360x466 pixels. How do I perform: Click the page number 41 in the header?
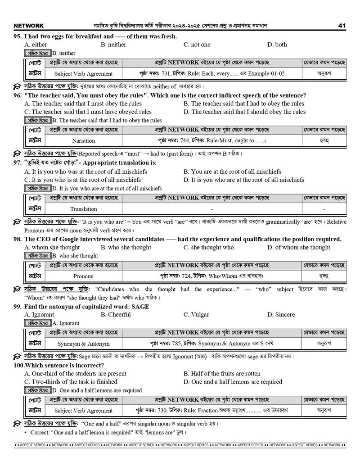point(342,26)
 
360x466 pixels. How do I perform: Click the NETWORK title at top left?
point(29,26)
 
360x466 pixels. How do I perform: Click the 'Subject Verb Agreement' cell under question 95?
point(83,74)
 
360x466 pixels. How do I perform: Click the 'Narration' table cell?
point(83,141)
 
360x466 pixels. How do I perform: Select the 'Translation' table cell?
point(83,209)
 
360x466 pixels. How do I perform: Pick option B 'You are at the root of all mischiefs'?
point(232,172)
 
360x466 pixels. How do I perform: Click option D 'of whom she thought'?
point(298,247)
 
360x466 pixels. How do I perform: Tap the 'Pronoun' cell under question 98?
point(83,276)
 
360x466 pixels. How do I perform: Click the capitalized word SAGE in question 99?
point(140,307)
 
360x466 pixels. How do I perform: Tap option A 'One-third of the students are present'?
point(75,374)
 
